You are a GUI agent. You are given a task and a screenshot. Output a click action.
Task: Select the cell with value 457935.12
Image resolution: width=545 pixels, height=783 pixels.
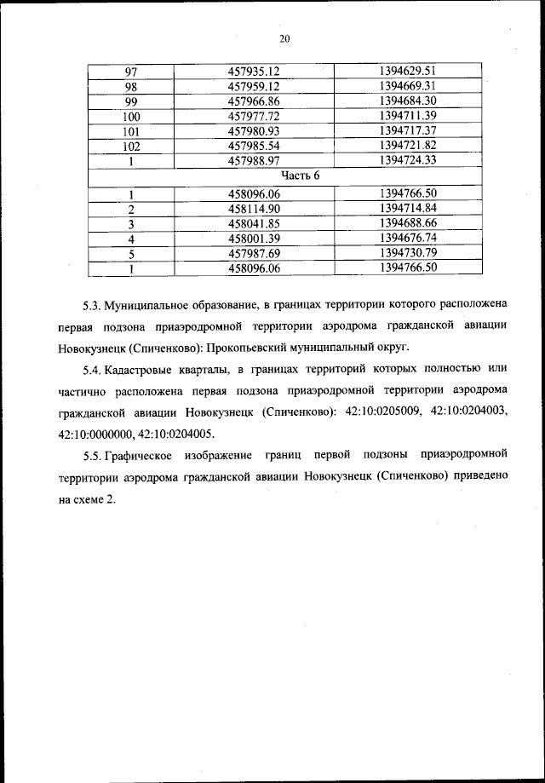tap(255, 72)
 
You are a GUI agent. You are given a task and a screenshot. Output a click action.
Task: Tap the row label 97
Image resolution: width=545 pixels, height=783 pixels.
tap(131, 72)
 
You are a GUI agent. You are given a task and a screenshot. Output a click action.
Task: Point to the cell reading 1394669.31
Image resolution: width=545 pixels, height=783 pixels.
tap(408, 86)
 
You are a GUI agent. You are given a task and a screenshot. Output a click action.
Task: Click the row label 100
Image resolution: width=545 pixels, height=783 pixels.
tap(131, 116)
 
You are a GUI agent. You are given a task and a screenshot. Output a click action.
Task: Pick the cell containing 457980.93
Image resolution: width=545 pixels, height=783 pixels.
tap(255, 130)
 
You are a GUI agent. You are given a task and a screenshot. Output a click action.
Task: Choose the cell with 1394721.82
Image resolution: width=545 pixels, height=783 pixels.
tap(408, 145)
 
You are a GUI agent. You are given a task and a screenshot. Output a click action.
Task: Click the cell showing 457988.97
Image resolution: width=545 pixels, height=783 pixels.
tap(255, 160)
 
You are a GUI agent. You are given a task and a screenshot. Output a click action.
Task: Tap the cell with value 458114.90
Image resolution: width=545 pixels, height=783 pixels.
tap(255, 209)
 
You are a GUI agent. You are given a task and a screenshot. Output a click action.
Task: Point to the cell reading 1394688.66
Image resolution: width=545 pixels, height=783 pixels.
tap(408, 223)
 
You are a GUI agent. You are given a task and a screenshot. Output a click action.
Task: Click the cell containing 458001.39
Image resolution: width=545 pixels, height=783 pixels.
tap(255, 239)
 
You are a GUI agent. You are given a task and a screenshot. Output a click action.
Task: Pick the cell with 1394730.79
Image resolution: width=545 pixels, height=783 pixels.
tap(408, 253)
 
